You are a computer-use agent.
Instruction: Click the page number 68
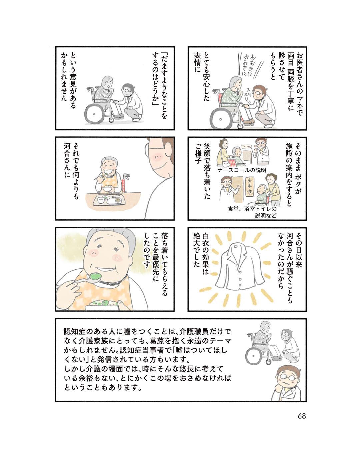(x=302, y=416)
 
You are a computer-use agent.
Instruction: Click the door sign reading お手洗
(x=249, y=187)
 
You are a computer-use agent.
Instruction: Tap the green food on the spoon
(x=95, y=276)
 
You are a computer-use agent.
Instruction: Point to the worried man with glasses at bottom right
(x=285, y=382)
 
